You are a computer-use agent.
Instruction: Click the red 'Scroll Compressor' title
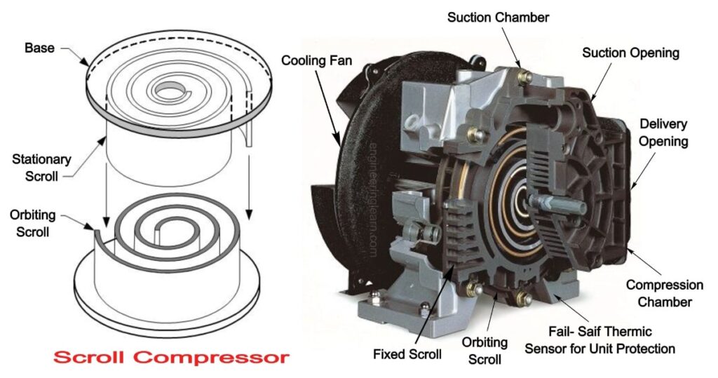click(x=171, y=357)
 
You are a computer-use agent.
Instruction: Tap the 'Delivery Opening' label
click(x=663, y=133)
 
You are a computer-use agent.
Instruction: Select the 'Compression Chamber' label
click(x=664, y=293)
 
